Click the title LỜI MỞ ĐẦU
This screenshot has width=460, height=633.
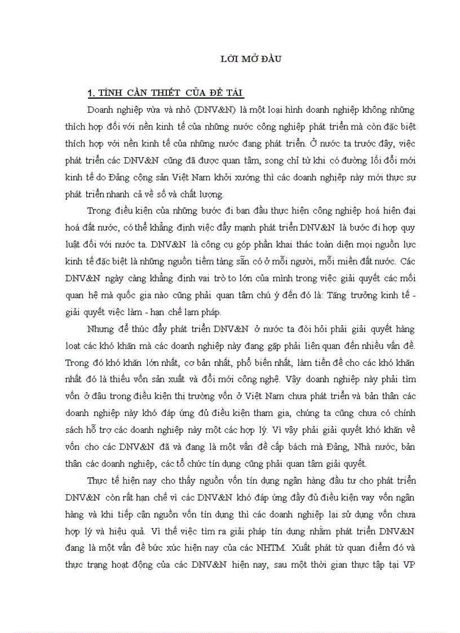pos(250,58)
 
